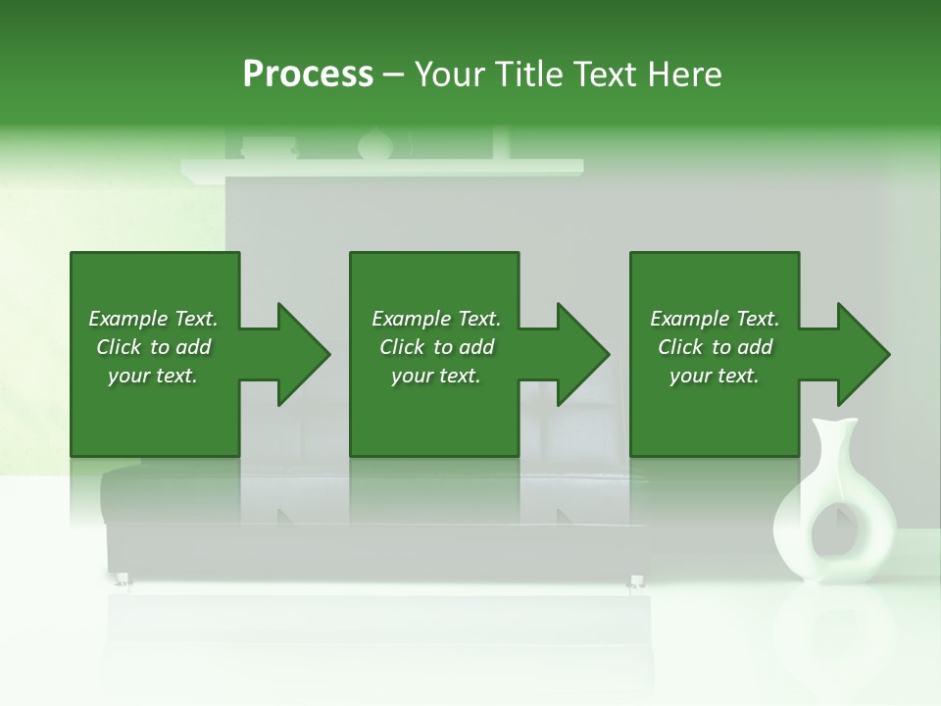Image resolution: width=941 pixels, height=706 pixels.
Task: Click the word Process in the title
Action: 308,75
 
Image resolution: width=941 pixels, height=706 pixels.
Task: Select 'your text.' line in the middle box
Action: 435,376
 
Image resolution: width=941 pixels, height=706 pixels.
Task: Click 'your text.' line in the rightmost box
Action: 714,376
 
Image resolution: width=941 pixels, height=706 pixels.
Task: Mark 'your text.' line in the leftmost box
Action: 152,376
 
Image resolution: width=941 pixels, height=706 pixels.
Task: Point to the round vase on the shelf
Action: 373,145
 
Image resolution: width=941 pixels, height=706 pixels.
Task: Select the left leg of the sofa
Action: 124,580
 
